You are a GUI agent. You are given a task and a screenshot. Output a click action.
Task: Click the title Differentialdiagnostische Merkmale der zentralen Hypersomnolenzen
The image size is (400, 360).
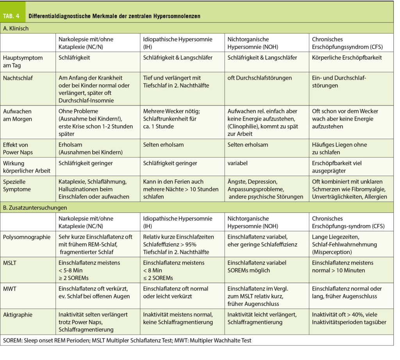point(114,16)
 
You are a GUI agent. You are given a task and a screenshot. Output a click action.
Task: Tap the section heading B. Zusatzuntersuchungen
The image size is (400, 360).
point(35,208)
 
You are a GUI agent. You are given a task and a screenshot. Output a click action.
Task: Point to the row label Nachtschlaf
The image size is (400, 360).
point(18,78)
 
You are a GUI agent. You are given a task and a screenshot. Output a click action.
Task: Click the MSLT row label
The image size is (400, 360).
point(11,263)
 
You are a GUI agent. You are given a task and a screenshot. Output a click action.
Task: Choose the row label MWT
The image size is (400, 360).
point(10,289)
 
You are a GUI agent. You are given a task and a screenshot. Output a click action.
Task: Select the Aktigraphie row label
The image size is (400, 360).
point(18,314)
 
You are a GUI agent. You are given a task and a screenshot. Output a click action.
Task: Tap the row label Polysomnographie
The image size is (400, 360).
point(27,237)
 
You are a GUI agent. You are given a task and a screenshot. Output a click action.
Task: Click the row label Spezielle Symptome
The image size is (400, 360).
point(17,185)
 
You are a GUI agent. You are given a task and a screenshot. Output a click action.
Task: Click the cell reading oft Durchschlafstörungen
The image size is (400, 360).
point(259,78)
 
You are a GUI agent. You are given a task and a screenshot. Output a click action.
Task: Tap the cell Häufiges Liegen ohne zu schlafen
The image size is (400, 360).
point(339,148)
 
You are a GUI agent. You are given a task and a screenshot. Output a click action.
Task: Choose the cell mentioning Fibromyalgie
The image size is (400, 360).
point(350,189)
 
